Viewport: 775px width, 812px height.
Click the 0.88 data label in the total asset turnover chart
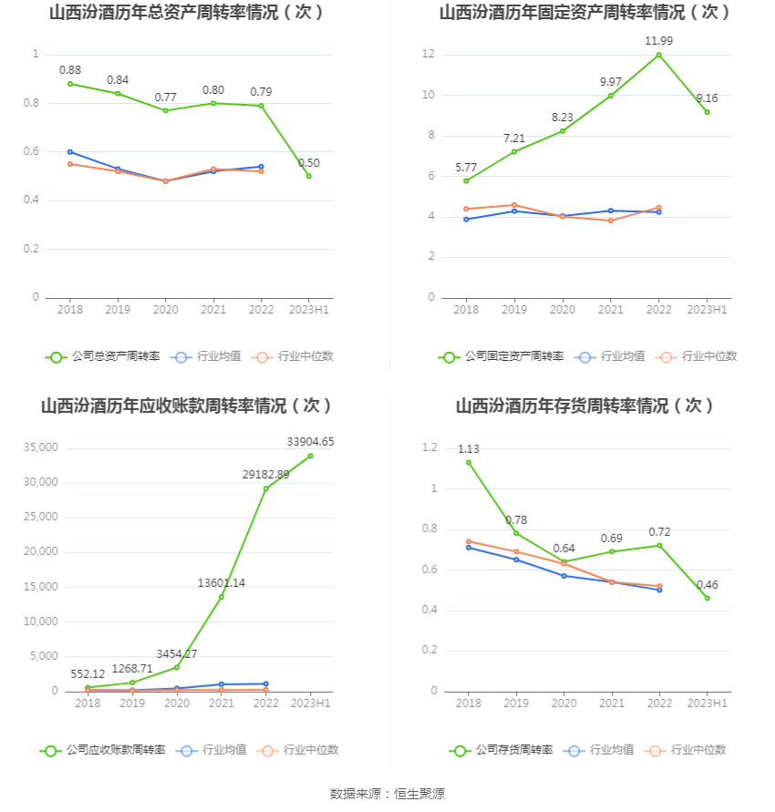click(70, 69)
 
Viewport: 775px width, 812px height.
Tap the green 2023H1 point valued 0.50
click(309, 176)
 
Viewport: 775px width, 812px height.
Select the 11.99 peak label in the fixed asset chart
click(658, 41)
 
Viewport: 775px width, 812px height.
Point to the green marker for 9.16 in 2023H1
click(707, 112)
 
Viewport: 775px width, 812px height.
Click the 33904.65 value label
click(310, 442)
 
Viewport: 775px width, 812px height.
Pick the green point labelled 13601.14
click(222, 597)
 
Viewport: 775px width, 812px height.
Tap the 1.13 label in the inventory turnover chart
click(469, 448)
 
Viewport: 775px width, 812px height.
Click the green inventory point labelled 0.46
click(707, 598)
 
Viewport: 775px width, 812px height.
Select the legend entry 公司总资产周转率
click(103, 356)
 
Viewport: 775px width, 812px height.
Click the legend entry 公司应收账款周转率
click(103, 750)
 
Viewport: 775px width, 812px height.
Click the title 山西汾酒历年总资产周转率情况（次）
click(187, 13)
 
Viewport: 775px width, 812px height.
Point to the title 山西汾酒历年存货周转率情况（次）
click(584, 406)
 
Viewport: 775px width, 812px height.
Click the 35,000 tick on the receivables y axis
click(41, 447)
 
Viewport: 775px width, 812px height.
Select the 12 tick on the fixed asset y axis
click(428, 55)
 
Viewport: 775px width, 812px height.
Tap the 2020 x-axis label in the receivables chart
click(177, 704)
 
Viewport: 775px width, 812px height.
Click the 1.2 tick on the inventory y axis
click(429, 447)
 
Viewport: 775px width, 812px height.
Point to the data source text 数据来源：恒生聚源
click(387, 794)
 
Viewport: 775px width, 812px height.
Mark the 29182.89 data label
click(266, 474)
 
